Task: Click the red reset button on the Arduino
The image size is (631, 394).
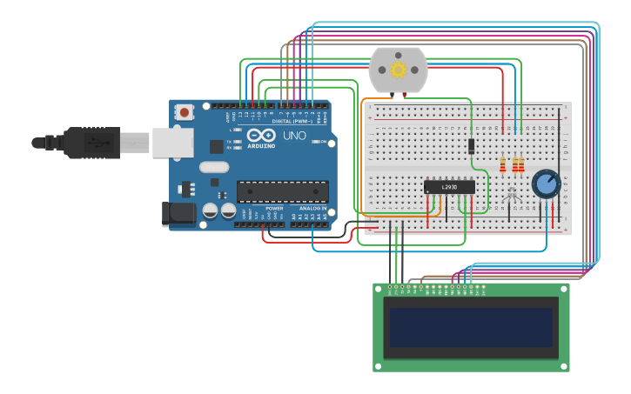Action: [184, 111]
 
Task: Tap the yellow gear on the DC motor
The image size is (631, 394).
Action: [399, 70]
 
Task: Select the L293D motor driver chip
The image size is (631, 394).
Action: [449, 186]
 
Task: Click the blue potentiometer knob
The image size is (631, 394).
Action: [546, 184]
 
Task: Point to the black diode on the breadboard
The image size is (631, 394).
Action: [470, 147]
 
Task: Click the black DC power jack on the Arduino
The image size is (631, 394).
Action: [178, 213]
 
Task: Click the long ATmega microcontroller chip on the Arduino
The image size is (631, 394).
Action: [283, 191]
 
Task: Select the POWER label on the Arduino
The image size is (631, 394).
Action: [274, 209]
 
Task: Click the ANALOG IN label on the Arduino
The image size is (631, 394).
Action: [312, 209]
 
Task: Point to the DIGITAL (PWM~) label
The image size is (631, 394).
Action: [292, 121]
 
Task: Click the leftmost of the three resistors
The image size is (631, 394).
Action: [502, 164]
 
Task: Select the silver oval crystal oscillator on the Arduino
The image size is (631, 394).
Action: [213, 167]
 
